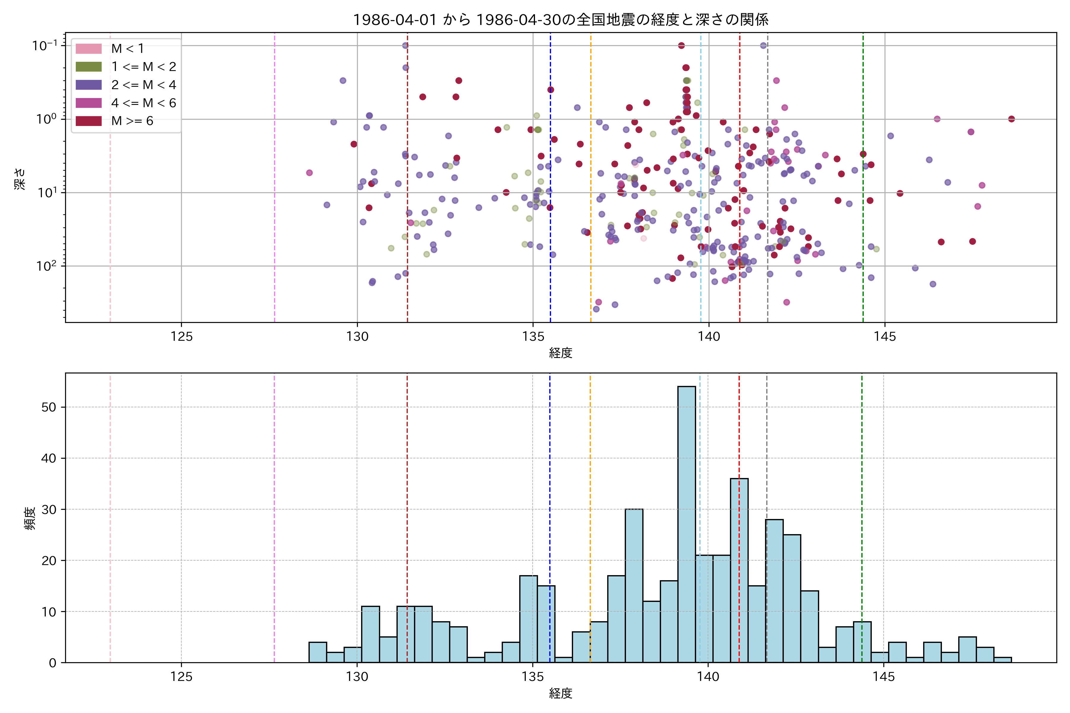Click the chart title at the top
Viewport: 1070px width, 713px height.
tap(561, 20)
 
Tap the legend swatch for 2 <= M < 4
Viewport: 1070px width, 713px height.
tap(88, 85)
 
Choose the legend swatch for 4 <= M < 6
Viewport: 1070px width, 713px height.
tap(88, 103)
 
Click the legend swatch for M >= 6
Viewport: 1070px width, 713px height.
tap(88, 121)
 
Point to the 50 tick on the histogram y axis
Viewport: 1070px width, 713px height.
tap(49, 407)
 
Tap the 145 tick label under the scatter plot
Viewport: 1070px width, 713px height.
tap(885, 337)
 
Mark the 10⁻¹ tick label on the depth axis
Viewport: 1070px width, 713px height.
tap(45, 45)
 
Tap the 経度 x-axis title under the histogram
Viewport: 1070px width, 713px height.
tap(561, 693)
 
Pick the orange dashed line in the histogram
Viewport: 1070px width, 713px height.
tap(590, 500)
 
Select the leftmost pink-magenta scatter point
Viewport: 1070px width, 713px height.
tap(309, 173)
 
